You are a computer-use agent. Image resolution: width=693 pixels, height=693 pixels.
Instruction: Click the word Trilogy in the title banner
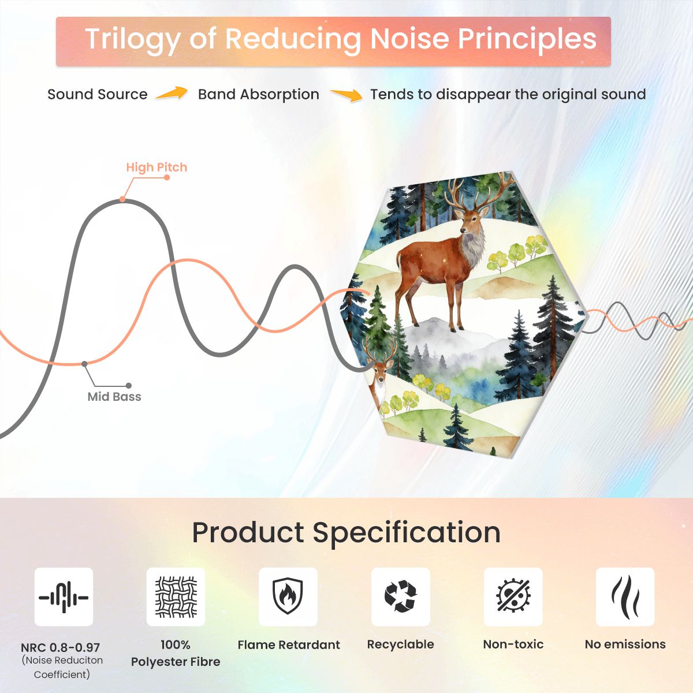click(x=132, y=40)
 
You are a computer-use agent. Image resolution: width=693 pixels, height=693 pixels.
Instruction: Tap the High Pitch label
click(x=157, y=167)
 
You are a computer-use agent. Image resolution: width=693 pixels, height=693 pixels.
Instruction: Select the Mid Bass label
click(x=114, y=397)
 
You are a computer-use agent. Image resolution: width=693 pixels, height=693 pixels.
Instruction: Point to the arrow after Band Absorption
click(x=346, y=95)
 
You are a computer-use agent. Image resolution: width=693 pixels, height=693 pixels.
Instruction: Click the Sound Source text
click(x=98, y=94)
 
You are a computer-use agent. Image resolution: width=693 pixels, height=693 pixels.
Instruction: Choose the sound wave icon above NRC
click(x=64, y=598)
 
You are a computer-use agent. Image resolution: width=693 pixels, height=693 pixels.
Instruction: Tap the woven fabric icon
click(x=176, y=597)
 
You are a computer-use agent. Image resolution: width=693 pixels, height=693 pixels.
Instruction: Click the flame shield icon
click(x=288, y=597)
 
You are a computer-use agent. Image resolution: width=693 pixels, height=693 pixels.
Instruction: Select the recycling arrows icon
click(x=400, y=597)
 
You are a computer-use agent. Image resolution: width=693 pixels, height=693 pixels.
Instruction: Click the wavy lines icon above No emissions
click(x=625, y=597)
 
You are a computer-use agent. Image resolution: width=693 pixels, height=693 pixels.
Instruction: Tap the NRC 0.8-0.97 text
click(x=60, y=648)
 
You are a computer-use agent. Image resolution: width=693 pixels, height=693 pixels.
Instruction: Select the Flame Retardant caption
click(x=289, y=644)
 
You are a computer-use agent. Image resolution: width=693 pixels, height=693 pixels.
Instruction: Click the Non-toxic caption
click(x=513, y=644)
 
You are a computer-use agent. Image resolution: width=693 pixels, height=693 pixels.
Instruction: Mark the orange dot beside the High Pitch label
click(x=167, y=177)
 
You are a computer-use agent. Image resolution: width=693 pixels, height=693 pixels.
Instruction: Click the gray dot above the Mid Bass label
click(x=84, y=364)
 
